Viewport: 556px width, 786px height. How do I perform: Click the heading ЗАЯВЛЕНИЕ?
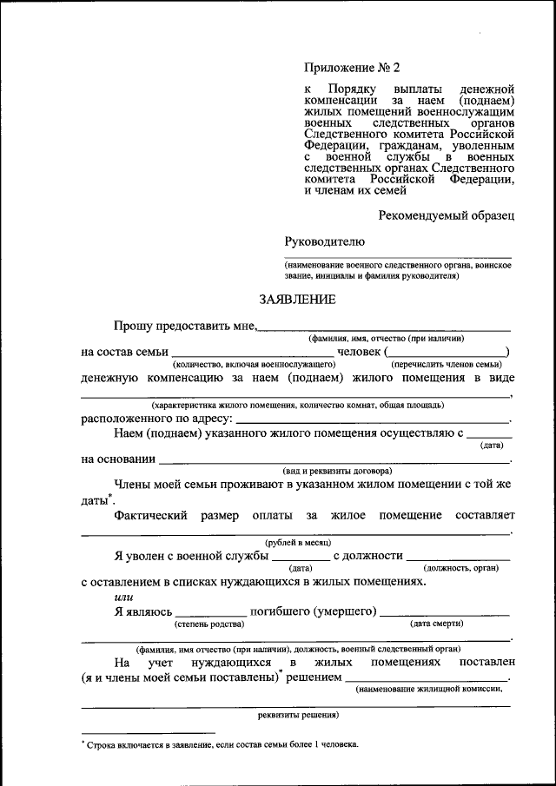coord(296,300)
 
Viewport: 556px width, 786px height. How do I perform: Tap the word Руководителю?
coord(324,241)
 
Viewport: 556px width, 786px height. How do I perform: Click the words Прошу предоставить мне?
coord(185,326)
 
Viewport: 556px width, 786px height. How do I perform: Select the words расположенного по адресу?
coord(156,418)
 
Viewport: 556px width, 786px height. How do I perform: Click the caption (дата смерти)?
coord(436,624)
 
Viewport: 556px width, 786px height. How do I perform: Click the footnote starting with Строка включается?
coord(222,744)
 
